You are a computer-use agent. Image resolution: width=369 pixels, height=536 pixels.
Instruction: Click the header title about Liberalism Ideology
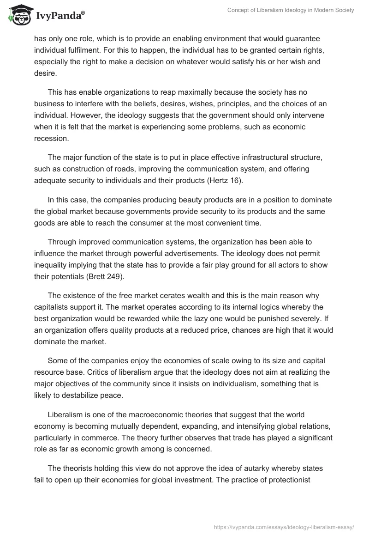click(291, 10)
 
